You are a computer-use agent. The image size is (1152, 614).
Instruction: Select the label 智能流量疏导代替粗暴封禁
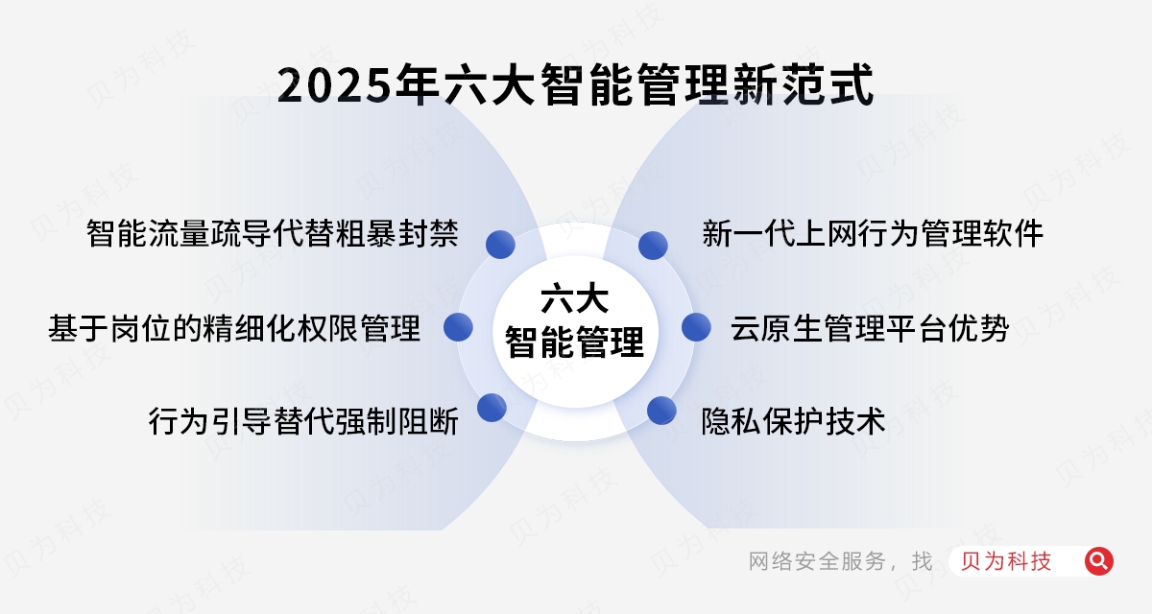pyautogui.click(x=272, y=233)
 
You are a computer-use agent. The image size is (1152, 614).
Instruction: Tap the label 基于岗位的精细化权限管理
pyautogui.click(x=234, y=328)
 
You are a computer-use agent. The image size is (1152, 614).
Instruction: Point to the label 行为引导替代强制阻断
pyautogui.click(x=302, y=420)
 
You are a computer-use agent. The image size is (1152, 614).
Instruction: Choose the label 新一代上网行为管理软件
pyautogui.click(x=872, y=233)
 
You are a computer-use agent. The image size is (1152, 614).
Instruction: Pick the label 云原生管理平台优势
pyautogui.click(x=869, y=328)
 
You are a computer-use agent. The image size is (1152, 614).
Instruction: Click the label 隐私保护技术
pyautogui.click(x=793, y=420)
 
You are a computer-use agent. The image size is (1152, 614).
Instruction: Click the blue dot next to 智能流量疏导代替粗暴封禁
pyautogui.click(x=499, y=245)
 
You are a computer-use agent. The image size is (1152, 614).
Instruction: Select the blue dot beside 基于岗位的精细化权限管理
pyautogui.click(x=458, y=327)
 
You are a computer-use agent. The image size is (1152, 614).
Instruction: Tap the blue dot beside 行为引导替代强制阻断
pyautogui.click(x=492, y=408)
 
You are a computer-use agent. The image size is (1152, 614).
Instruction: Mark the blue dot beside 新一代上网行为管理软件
pyautogui.click(x=653, y=245)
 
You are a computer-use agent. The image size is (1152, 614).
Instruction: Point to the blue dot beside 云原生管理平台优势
pyautogui.click(x=696, y=327)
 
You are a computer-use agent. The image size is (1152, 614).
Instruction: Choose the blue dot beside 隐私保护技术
pyautogui.click(x=661, y=411)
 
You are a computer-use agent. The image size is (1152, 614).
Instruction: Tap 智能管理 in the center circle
pyautogui.click(x=574, y=342)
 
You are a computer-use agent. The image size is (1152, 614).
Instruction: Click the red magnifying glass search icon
pyautogui.click(x=1098, y=561)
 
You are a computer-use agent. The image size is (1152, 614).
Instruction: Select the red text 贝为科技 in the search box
pyautogui.click(x=1005, y=561)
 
